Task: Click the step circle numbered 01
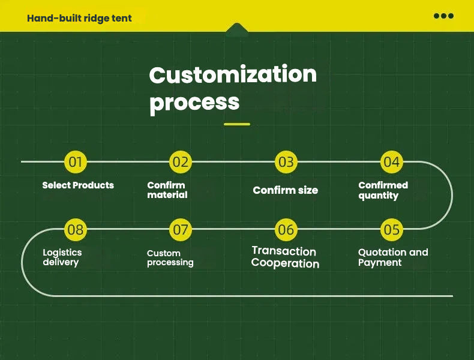pos(76,161)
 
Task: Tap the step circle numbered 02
pos(181,161)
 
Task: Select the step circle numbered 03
pos(286,161)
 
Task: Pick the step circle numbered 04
pos(391,161)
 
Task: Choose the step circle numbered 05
pos(391,229)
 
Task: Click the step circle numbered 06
pos(286,229)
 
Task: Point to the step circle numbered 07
pos(181,229)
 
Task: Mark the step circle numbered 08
pos(76,229)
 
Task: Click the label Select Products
pos(78,185)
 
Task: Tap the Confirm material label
pos(167,190)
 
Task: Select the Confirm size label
pos(286,190)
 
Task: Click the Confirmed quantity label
pos(383,190)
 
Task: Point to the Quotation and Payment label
pos(393,257)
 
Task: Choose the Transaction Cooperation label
pos(285,257)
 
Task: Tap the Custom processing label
pos(170,258)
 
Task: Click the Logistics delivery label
pos(62,257)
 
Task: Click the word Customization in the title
pos(233,75)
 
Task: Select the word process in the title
pos(194,102)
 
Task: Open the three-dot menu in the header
pos(443,16)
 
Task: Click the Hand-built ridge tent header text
pos(79,18)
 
